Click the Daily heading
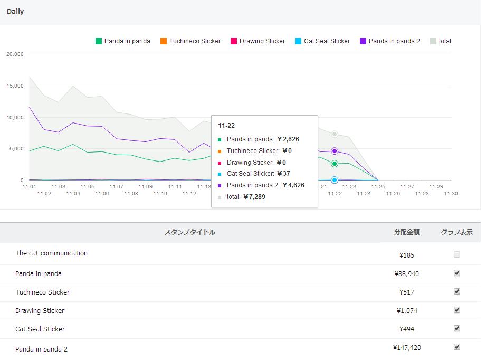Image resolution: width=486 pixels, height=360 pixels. coord(15,12)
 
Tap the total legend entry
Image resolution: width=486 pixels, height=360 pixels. coord(441,41)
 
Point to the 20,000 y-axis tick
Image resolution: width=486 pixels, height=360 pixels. coord(14,54)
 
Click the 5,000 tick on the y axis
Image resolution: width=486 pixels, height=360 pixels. coord(16,149)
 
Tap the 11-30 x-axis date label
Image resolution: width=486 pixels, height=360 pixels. coord(450,194)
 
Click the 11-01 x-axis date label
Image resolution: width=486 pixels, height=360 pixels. coord(29,186)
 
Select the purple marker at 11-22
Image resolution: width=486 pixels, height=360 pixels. coord(335,151)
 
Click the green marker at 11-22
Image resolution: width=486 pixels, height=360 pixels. coord(335,164)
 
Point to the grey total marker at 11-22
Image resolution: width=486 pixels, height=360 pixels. coord(335,135)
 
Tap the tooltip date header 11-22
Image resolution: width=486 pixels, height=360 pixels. coord(226,126)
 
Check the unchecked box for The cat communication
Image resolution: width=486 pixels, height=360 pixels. coord(457,254)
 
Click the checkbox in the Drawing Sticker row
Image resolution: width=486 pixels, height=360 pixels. coord(457,310)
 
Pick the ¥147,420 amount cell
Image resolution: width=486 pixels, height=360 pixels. coord(407,348)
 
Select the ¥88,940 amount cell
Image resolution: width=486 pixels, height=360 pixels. coord(407,274)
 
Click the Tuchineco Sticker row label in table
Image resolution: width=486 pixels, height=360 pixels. coord(42,292)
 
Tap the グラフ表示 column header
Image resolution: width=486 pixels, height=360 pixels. coord(456,232)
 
